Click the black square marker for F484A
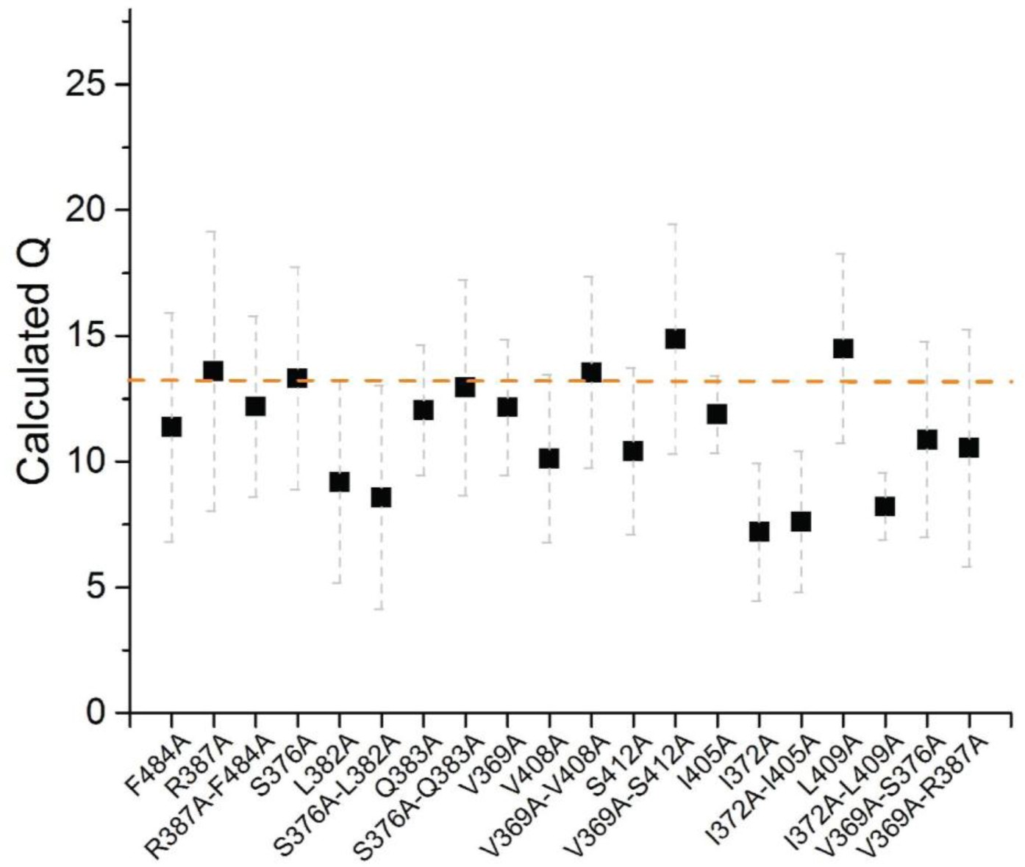(171, 427)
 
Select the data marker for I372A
(759, 531)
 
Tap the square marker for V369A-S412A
(675, 339)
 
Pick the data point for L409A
(843, 348)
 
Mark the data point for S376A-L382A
(381, 497)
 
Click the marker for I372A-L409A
(885, 506)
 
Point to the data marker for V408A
(549, 458)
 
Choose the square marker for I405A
(717, 414)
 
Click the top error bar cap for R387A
(213, 232)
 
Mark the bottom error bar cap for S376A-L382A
(381, 609)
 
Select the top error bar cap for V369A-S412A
(675, 224)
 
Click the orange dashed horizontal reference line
(735, 381)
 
